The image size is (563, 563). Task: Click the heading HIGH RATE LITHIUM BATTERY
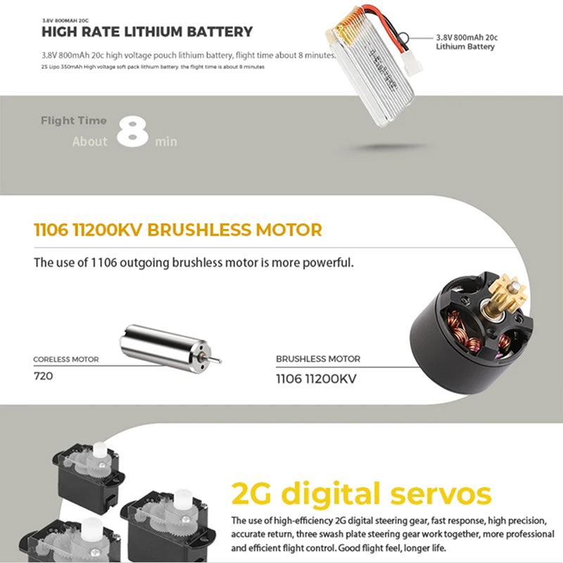pyautogui.click(x=147, y=32)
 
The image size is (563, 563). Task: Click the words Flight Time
pyautogui.click(x=74, y=120)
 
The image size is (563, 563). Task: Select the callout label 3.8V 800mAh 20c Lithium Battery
pyautogui.click(x=467, y=42)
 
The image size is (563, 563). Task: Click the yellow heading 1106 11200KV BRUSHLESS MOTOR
pyautogui.click(x=178, y=230)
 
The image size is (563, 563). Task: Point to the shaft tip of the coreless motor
pyautogui.click(x=220, y=361)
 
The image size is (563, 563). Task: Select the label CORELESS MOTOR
pyautogui.click(x=65, y=360)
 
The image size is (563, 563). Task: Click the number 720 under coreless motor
pyautogui.click(x=43, y=376)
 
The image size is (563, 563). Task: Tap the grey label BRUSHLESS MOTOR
pyautogui.click(x=318, y=359)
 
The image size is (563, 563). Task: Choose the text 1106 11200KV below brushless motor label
pyautogui.click(x=316, y=379)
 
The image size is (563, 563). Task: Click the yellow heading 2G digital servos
pyautogui.click(x=361, y=494)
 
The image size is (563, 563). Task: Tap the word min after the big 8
pyautogui.click(x=166, y=141)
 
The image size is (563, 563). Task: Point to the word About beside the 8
pyautogui.click(x=90, y=141)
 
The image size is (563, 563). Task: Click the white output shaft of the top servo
pyautogui.click(x=100, y=451)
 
